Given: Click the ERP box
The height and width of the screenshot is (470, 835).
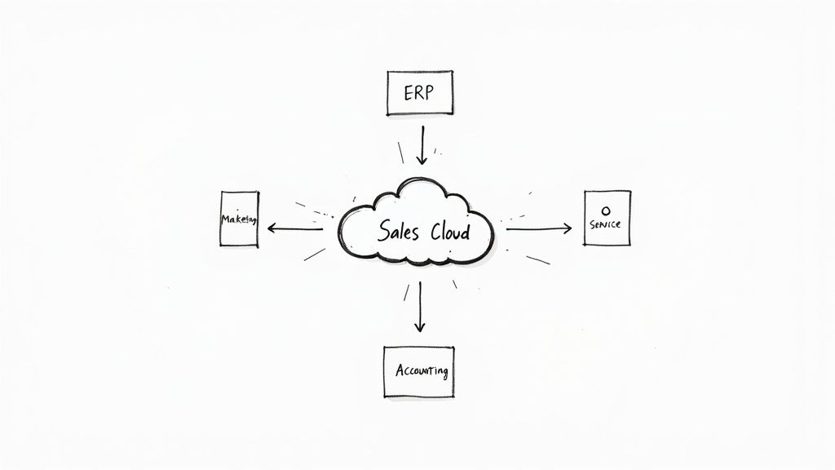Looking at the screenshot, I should point(418,93).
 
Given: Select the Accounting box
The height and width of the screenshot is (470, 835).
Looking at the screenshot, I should point(418,371).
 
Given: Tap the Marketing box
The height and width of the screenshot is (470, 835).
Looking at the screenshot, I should point(239,219).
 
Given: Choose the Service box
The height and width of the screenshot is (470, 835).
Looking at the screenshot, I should point(606,219).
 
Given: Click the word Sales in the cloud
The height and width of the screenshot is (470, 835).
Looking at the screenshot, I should point(399,231).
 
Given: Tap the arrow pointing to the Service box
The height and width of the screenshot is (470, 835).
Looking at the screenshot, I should point(538,228).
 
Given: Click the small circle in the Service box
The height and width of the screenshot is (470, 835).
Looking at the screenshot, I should point(605,210).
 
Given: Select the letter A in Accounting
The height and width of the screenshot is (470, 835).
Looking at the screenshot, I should point(400,370).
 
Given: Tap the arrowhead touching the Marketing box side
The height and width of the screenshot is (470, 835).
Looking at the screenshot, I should point(272,228).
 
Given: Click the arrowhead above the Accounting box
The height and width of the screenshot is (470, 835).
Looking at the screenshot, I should point(419,327).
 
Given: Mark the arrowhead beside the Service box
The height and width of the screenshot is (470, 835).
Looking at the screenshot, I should point(568,228).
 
